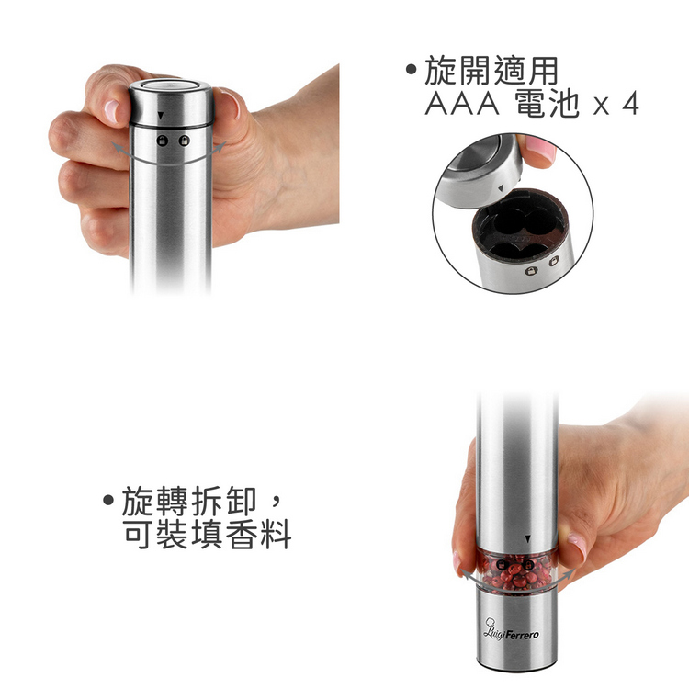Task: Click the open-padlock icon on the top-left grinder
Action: pos(185,141)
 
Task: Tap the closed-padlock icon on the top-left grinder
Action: pos(163,141)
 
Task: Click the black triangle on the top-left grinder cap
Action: pos(161,116)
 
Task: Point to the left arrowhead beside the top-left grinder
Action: pos(116,147)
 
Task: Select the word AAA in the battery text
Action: pos(462,104)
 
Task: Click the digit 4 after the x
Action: pos(630,104)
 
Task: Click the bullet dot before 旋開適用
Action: pos(412,70)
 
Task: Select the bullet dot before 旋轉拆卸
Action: pos(108,500)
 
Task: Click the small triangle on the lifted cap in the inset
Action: pos(501,188)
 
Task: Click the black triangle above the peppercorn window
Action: pos(527,538)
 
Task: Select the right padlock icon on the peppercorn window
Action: pos(528,565)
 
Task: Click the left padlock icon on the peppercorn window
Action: pos(503,565)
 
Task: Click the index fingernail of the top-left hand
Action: pos(111,110)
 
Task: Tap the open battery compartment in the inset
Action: pos(520,224)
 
